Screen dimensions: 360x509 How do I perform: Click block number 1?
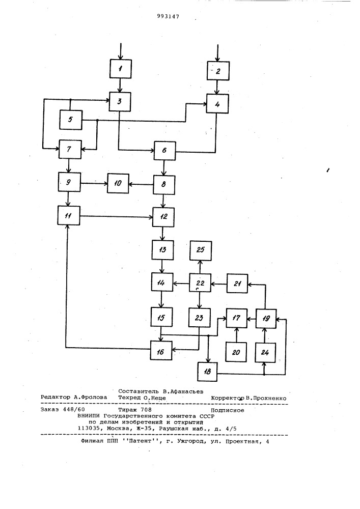coord(121,69)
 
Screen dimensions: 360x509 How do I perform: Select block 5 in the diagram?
coord(71,120)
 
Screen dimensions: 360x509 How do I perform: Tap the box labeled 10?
coord(118,183)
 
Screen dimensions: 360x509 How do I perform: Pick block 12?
coord(164,216)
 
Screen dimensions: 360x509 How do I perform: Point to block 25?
coord(201,250)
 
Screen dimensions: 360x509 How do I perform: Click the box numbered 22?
coord(200,284)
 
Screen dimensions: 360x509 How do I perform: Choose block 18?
coord(207,372)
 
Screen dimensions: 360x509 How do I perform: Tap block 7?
coord(70,149)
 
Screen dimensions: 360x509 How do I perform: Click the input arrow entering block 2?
coord(218,52)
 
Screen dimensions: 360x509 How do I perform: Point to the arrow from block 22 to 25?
coord(200,267)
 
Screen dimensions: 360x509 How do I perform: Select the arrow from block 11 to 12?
coord(117,216)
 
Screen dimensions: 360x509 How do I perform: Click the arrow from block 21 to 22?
coord(219,284)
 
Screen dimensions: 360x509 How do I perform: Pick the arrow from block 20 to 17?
coord(236,335)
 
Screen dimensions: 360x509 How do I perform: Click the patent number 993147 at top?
coord(168,17)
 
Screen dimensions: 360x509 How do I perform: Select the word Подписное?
coord(227,410)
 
